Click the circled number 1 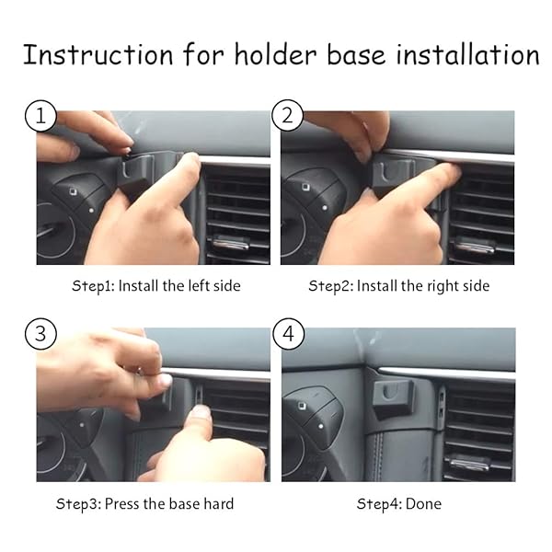coord(40,117)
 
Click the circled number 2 coord(287,117)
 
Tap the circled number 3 coord(40,334)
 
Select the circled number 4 coord(287,335)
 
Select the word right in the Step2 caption coord(431,286)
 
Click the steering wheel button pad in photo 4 coord(313,414)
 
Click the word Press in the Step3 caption coord(124,503)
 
